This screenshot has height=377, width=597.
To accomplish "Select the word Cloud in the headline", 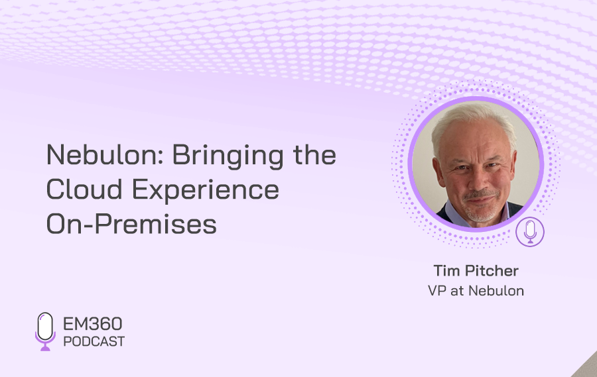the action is click(84, 189).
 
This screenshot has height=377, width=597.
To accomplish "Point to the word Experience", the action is click(206, 191).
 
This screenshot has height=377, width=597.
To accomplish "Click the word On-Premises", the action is click(131, 224).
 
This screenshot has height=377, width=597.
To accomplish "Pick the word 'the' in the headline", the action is click(314, 155).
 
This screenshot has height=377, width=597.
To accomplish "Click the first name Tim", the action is click(446, 271).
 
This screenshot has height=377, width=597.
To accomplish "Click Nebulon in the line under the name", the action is click(496, 291).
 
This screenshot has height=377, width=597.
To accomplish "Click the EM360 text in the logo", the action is click(92, 324).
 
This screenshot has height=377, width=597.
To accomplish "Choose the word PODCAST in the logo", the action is click(94, 342).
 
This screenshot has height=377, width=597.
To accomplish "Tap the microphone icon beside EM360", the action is click(45, 331).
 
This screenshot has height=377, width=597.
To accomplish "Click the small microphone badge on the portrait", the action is click(530, 232).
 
